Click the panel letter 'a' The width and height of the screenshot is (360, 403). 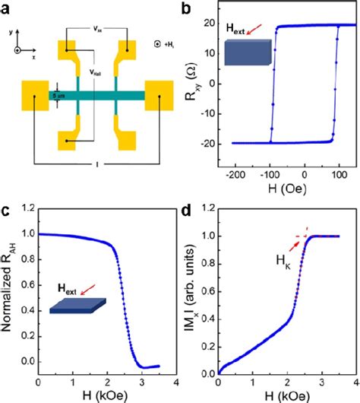(x=7, y=8)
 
